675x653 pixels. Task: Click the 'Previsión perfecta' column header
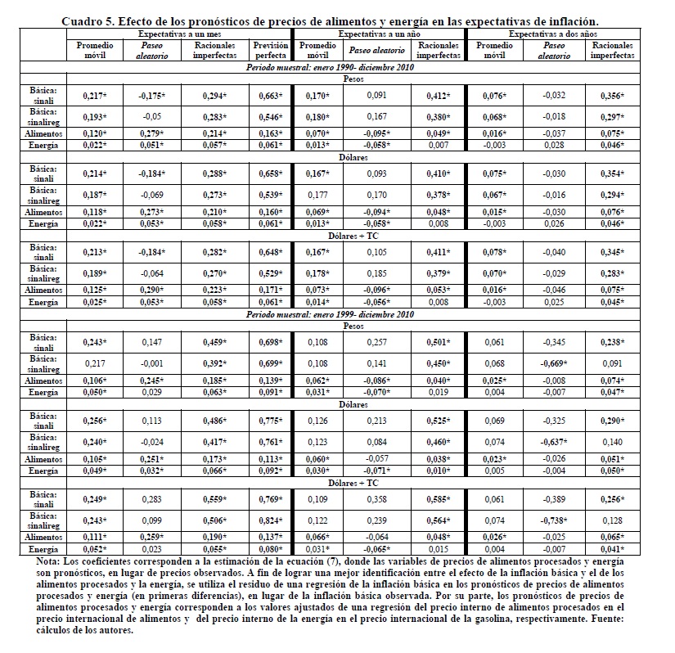[271, 50]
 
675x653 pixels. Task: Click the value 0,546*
[271, 116]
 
